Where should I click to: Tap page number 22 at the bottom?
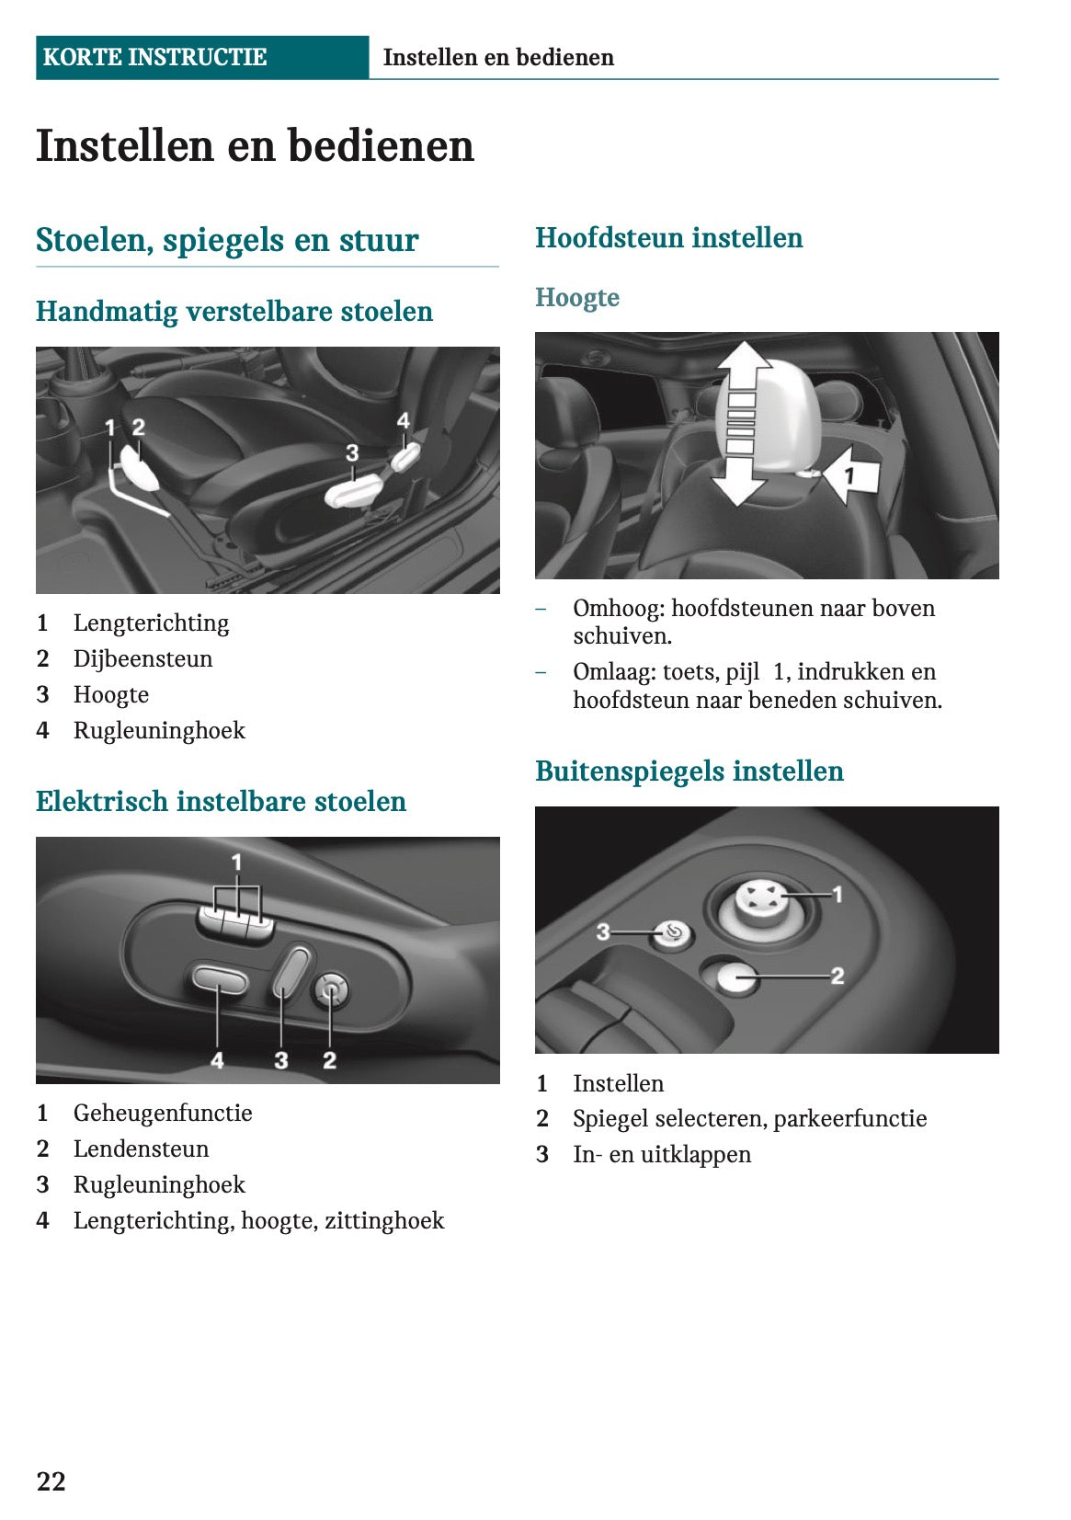tap(51, 1480)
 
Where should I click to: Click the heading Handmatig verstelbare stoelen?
tap(234, 312)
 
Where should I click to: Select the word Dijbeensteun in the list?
tap(142, 659)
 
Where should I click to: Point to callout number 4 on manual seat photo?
tap(403, 420)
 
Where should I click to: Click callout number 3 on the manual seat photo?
tap(352, 452)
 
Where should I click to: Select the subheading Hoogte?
tap(576, 298)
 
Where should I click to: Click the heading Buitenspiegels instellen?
tap(689, 771)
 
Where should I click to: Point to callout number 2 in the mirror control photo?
tap(837, 976)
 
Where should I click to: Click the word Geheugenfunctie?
tap(163, 1114)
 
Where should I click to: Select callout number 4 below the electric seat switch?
tap(217, 1060)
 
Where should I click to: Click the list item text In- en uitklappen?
tap(661, 1155)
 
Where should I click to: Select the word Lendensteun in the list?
tap(141, 1149)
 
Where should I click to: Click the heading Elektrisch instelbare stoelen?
tap(221, 802)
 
